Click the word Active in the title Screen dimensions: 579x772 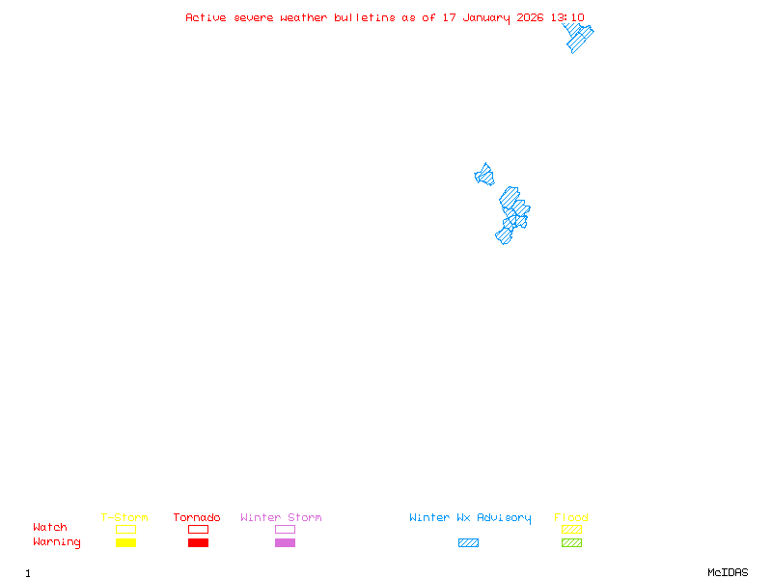pyautogui.click(x=206, y=17)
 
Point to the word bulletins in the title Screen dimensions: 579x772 pyautogui.click(x=364, y=17)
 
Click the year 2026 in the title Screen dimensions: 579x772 pyautogui.click(x=529, y=17)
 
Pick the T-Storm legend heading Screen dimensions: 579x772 pyautogui.click(x=124, y=518)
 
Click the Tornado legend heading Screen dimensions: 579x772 pyautogui.click(x=197, y=518)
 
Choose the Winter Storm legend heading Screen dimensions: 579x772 pyautogui.click(x=281, y=518)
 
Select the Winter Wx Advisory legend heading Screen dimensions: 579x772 pyautogui.click(x=470, y=518)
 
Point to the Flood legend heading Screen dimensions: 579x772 pyautogui.click(x=571, y=518)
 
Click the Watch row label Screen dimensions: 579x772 pyautogui.click(x=50, y=528)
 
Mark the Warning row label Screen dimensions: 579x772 pyautogui.click(x=57, y=542)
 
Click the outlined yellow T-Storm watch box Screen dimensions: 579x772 pyautogui.click(x=125, y=529)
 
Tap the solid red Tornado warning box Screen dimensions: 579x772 pyautogui.click(x=198, y=542)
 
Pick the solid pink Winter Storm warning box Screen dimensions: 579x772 pyautogui.click(x=285, y=542)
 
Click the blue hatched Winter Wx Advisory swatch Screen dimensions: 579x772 pyautogui.click(x=468, y=542)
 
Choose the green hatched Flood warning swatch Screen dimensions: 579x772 pyautogui.click(x=571, y=542)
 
